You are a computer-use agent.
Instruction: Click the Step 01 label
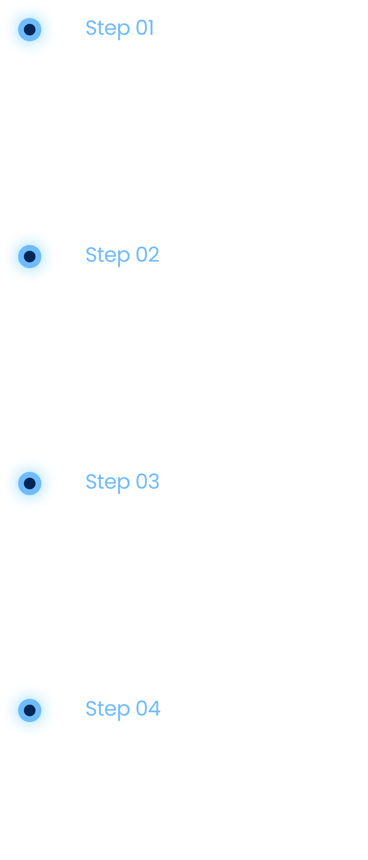120,28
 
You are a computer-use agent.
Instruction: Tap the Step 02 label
122,255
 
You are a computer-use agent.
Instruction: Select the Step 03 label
122,482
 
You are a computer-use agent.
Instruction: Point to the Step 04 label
123,709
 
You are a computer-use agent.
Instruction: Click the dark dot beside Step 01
30,29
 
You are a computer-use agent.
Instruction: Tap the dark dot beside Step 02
30,256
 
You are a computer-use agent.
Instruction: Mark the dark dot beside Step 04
30,710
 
